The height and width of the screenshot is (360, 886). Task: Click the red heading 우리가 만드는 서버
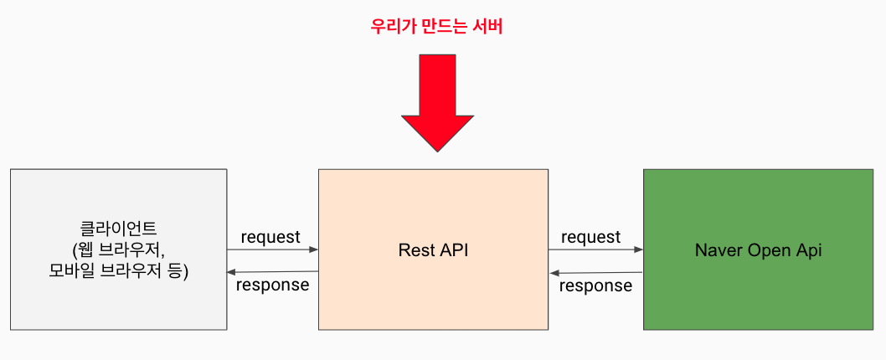point(436,27)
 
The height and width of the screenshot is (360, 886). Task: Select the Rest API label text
point(434,250)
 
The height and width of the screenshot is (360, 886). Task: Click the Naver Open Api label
point(759,250)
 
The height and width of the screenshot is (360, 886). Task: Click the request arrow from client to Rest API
point(272,249)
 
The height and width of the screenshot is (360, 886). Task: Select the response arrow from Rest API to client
point(272,272)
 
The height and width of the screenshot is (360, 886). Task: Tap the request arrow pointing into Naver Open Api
point(595,249)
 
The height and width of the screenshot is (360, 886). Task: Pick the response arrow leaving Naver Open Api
point(595,273)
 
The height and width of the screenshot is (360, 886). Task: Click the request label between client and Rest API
point(270,237)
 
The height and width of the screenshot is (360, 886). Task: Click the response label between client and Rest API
point(272,285)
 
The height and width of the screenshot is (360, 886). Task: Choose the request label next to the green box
point(590,237)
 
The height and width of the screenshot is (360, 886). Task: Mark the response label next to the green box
point(595,285)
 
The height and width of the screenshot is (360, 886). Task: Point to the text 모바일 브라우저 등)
point(118,270)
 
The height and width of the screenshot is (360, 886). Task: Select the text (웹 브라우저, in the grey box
point(118,249)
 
